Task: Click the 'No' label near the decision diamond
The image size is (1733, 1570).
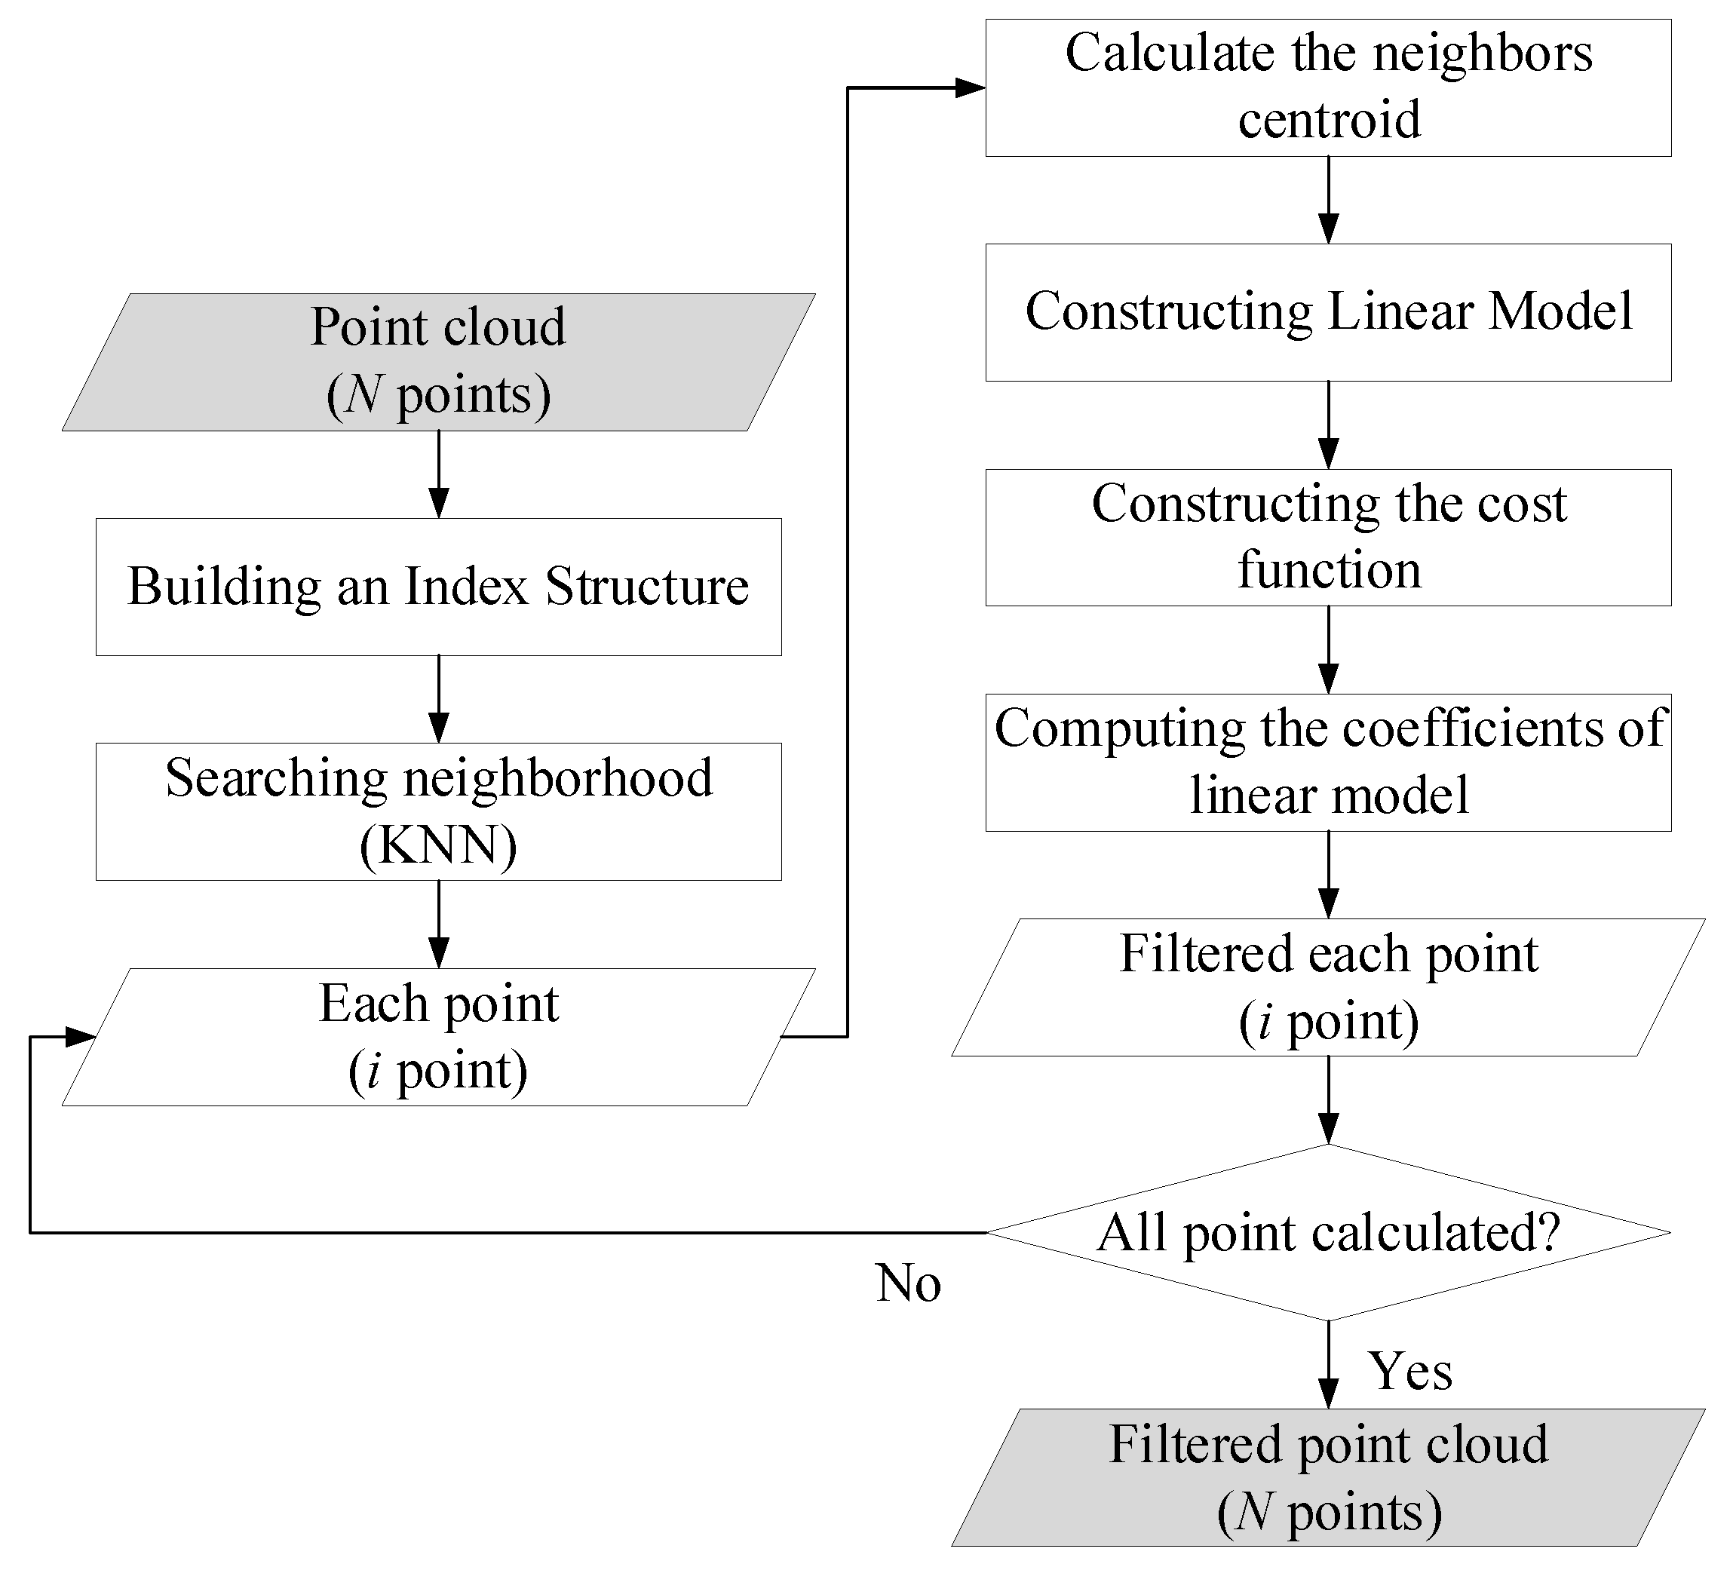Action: [908, 1284]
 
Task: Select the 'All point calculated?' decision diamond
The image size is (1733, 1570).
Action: [1328, 1232]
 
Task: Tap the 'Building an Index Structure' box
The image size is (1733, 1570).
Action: [438, 587]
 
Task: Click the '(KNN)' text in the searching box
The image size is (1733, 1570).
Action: [438, 845]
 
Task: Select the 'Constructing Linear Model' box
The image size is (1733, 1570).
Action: [1328, 312]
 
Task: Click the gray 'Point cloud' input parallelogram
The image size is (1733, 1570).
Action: [438, 362]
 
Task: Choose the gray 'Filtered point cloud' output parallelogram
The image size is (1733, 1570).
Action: [1328, 1477]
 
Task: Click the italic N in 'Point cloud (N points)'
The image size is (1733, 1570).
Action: [364, 395]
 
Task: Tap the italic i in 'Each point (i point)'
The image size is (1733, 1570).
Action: [373, 1072]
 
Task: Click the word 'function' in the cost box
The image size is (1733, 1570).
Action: [1329, 571]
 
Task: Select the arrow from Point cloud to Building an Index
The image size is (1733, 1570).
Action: [438, 474]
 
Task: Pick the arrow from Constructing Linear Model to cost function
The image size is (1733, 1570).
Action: [1328, 425]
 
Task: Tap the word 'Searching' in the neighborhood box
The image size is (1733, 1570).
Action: [277, 778]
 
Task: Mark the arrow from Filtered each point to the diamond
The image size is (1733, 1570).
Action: [1328, 1099]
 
